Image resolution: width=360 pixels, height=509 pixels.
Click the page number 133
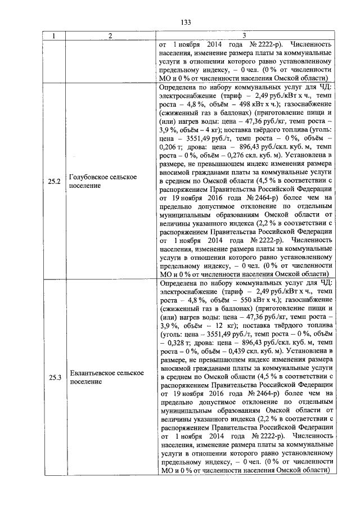(x=186, y=22)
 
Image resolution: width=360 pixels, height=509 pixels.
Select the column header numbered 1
(x=55, y=37)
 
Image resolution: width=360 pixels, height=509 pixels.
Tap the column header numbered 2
(x=110, y=37)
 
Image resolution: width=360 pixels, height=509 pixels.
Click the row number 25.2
(x=55, y=182)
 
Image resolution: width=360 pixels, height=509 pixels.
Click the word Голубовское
(x=88, y=177)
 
